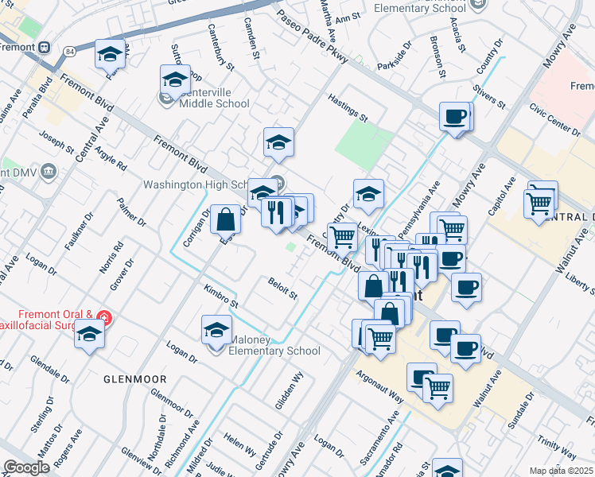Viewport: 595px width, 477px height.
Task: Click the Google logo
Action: (26, 467)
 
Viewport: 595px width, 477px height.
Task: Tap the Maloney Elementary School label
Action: (274, 346)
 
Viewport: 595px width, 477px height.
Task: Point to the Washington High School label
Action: (194, 184)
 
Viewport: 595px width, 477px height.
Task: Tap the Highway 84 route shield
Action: (70, 51)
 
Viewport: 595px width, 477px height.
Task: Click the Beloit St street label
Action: (282, 289)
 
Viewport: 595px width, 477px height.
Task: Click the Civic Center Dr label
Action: (554, 118)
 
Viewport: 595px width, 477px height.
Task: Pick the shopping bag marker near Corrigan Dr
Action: (226, 219)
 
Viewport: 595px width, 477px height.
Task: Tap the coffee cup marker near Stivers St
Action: (455, 117)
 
